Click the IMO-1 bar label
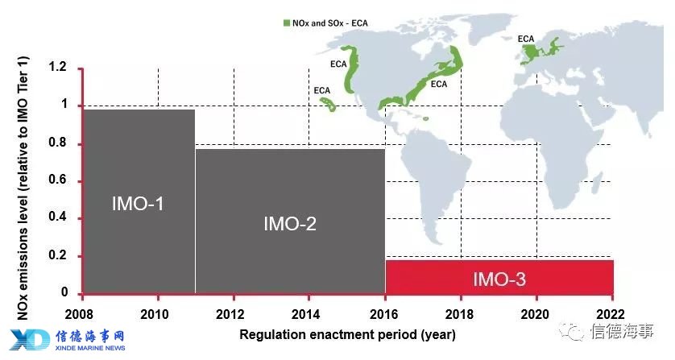click(x=138, y=204)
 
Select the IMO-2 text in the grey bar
click(x=290, y=224)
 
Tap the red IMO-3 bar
click(x=499, y=277)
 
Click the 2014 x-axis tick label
click(x=305, y=314)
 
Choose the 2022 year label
click(x=611, y=314)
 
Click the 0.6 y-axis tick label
click(x=58, y=180)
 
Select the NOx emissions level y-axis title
click(x=23, y=188)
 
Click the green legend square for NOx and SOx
click(x=287, y=23)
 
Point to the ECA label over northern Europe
click(x=526, y=39)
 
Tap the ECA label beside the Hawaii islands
click(x=322, y=91)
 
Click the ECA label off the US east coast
click(x=439, y=85)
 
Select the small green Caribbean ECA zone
click(x=426, y=119)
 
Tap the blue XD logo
click(x=30, y=340)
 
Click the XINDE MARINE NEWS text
click(x=90, y=348)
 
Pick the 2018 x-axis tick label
click(x=459, y=314)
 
